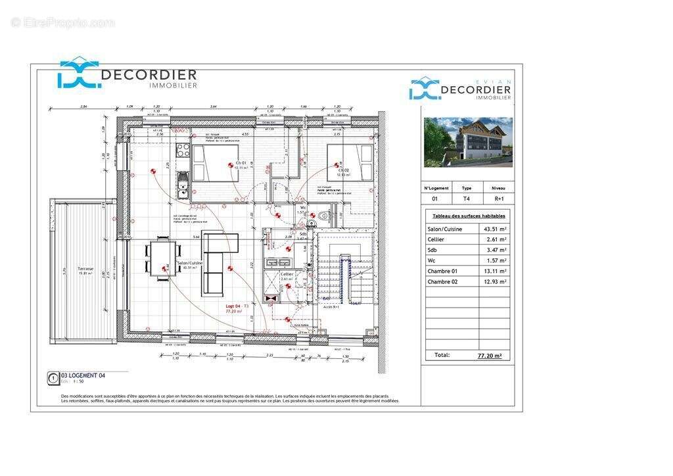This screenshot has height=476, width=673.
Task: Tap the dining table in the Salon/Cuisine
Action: [x=164, y=258]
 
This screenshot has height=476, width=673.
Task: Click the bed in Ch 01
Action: [x=218, y=164]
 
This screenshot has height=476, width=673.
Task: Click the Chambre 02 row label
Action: [x=442, y=281]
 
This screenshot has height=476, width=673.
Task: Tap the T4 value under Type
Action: [x=467, y=199]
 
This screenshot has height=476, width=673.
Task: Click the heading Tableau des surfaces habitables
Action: [x=469, y=216]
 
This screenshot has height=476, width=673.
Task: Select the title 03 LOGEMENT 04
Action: [x=83, y=375]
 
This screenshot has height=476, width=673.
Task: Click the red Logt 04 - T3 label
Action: [x=237, y=306]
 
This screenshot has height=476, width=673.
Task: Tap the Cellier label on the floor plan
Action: [x=287, y=274]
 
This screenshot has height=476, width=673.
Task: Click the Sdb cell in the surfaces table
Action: [x=432, y=250]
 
